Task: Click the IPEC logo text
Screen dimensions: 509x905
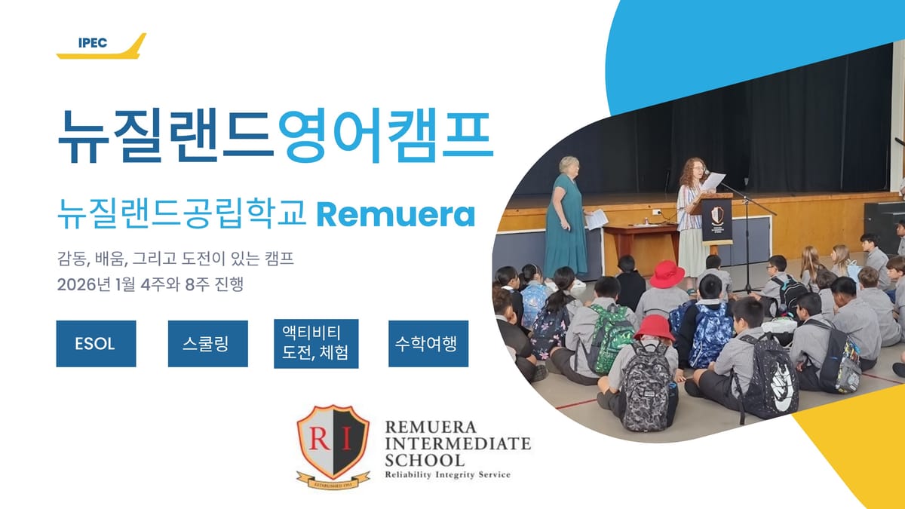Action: [x=93, y=43]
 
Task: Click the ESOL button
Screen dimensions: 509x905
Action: [x=96, y=344]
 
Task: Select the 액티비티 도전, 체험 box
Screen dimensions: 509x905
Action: [x=315, y=344]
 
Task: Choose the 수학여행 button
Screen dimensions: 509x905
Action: [x=428, y=344]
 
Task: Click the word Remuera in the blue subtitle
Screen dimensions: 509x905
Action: [x=396, y=216]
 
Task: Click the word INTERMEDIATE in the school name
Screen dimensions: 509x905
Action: [x=458, y=443]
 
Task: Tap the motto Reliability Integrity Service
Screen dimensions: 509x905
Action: [x=447, y=474]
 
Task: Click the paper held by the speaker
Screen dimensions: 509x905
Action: [x=713, y=181]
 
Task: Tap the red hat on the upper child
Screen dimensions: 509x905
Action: [x=667, y=274]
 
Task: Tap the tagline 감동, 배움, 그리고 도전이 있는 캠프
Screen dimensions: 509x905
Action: [x=175, y=261]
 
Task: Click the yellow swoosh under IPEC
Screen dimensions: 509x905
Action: [x=113, y=51]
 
